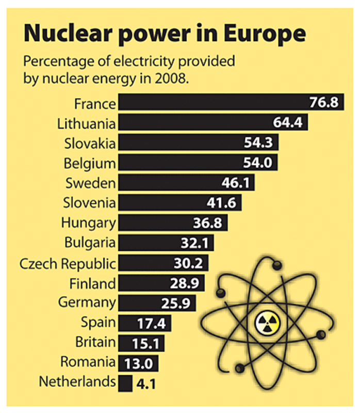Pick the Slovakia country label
(x=90, y=142)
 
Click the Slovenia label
(x=90, y=202)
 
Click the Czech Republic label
(x=68, y=263)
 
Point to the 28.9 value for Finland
(x=184, y=283)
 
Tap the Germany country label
(x=87, y=302)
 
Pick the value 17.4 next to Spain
(x=151, y=324)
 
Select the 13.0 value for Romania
(x=138, y=363)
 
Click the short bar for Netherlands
(x=124, y=383)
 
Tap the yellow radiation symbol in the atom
(x=267, y=324)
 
